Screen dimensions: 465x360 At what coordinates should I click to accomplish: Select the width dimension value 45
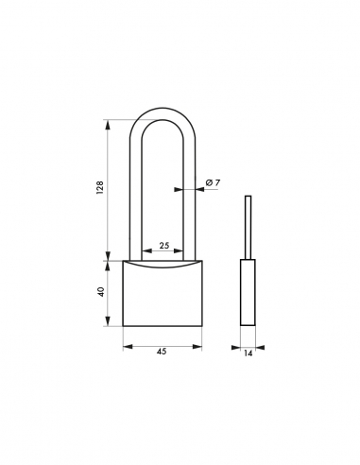point(162,353)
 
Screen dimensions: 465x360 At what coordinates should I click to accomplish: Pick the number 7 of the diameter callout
point(217,181)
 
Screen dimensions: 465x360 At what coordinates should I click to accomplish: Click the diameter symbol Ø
point(208,181)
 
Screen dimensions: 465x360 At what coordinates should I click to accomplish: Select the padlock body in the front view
point(162,295)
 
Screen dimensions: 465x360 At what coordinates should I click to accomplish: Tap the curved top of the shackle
point(163,123)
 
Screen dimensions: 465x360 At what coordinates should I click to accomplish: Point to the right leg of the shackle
point(188,198)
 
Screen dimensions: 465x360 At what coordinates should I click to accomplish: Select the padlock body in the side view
point(249,293)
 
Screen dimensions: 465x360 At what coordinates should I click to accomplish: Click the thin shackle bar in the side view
point(249,227)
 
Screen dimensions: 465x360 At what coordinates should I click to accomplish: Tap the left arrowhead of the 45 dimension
point(127,344)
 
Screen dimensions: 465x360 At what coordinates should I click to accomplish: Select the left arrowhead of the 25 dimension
point(145,252)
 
